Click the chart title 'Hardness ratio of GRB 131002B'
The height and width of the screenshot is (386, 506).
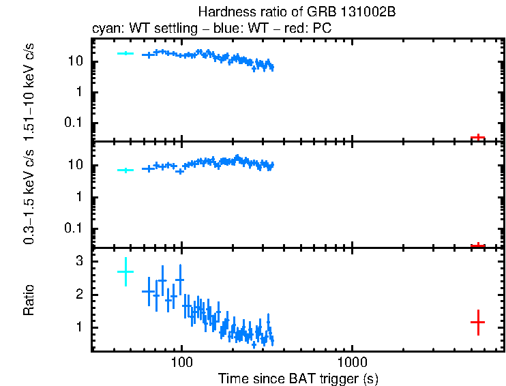(x=297, y=12)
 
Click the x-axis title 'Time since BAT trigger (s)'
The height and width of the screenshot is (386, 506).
(x=297, y=378)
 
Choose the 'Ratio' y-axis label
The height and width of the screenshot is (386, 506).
(x=29, y=300)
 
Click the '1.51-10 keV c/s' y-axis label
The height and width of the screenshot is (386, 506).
(x=29, y=87)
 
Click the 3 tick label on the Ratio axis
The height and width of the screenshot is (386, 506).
(x=79, y=261)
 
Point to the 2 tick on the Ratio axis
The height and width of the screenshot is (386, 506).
(x=79, y=295)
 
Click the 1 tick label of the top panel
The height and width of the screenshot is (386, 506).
(x=80, y=92)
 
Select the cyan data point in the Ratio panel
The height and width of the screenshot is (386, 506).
(x=125, y=271)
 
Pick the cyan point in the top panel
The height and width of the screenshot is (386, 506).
(x=125, y=53)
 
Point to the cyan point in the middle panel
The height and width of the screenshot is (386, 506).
(x=125, y=170)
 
